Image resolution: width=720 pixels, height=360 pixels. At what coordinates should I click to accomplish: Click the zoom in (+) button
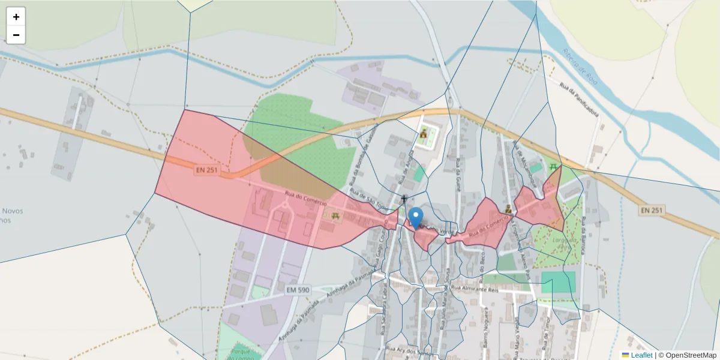(x=16, y=17)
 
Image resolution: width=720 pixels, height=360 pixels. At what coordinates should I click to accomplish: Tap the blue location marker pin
(x=415, y=217)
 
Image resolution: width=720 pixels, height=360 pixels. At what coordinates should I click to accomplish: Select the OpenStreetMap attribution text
(x=690, y=355)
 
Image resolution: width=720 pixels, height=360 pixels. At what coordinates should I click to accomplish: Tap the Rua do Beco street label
(x=481, y=262)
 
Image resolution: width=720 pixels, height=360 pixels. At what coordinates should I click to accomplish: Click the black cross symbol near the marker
(x=404, y=199)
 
